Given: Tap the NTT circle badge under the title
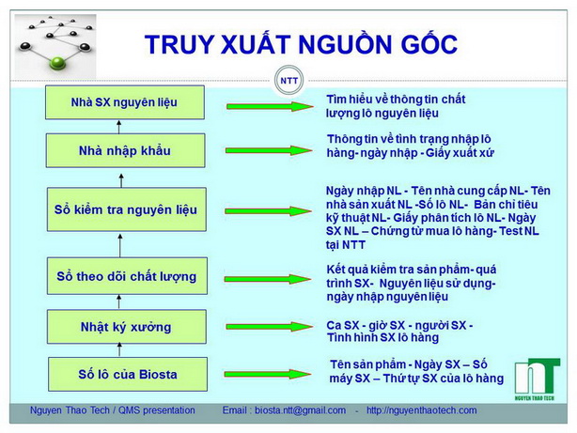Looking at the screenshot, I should (288, 81).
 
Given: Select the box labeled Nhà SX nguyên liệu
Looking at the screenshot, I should (124, 102).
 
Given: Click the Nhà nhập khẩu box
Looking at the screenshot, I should (124, 149).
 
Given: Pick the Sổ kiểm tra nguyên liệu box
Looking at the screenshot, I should (124, 209).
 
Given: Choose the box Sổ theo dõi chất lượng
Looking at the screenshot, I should (124, 276).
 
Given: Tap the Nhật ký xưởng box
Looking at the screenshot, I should (124, 327).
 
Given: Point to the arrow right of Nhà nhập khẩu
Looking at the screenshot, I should (263, 150).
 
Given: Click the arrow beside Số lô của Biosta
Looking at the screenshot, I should (263, 373).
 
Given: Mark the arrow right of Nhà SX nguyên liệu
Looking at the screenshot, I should (263, 105).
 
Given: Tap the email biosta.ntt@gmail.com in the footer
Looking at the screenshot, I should (284, 410).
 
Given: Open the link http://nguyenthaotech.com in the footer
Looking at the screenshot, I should (421, 410).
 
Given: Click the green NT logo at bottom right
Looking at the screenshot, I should (538, 376).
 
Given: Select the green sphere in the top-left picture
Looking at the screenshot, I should (57, 63).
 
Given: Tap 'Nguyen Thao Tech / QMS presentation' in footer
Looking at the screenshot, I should (113, 410).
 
